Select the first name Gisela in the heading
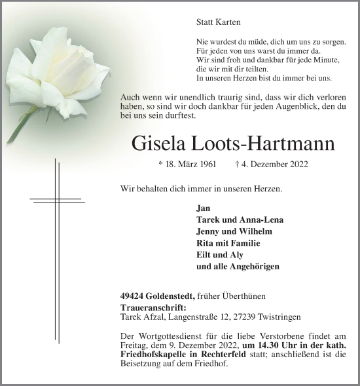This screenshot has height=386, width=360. [161, 143]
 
